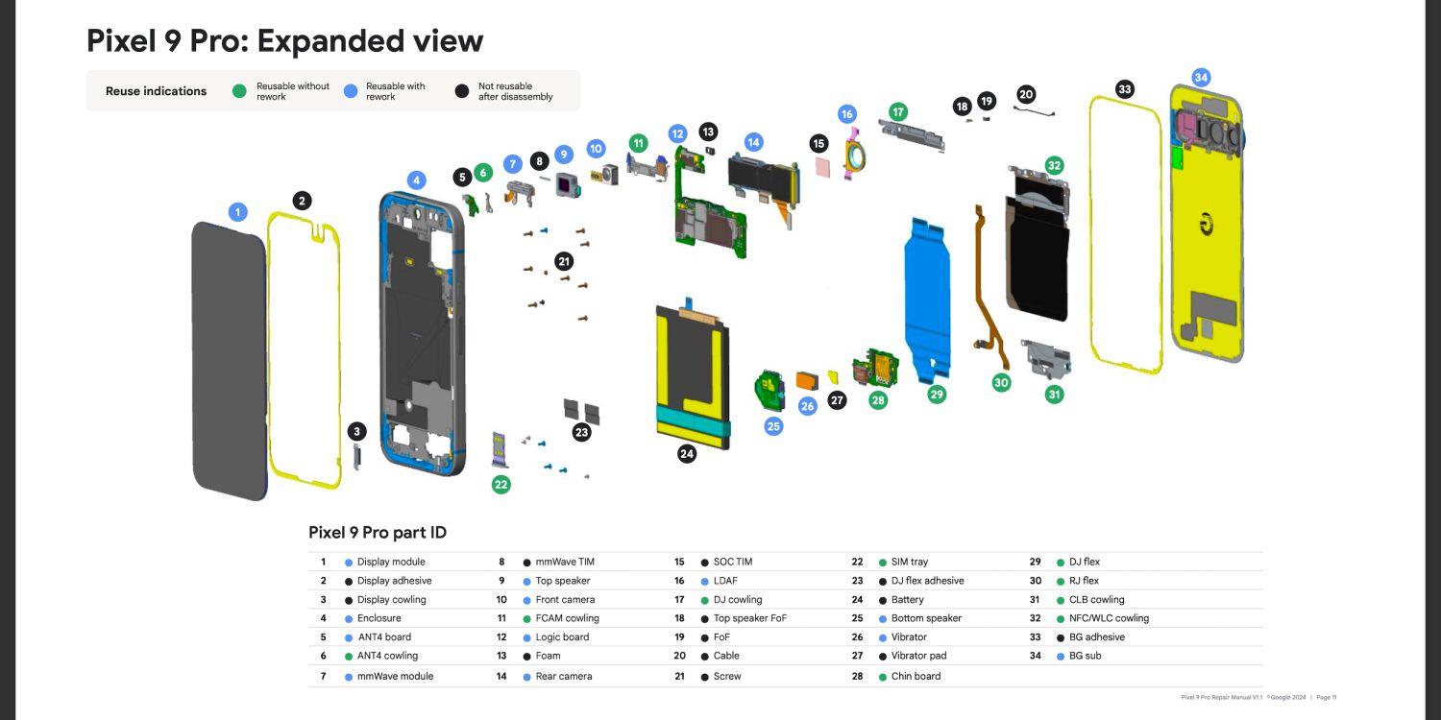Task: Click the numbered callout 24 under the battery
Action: pos(687,454)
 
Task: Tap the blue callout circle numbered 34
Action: pos(1201,77)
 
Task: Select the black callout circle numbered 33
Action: pos(1125,89)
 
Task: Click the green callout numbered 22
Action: pos(501,485)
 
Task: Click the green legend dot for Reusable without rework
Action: pos(240,91)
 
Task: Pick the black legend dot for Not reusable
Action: pos(462,91)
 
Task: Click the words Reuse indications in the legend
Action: pos(156,91)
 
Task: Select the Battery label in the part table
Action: pos(907,600)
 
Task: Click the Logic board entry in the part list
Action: pos(562,637)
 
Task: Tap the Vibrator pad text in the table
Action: pos(918,657)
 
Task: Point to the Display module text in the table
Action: pos(391,563)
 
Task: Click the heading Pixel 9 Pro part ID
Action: pos(378,533)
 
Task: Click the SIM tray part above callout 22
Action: pos(500,449)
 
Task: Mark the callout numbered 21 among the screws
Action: pos(564,261)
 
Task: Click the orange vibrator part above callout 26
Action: pos(808,379)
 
